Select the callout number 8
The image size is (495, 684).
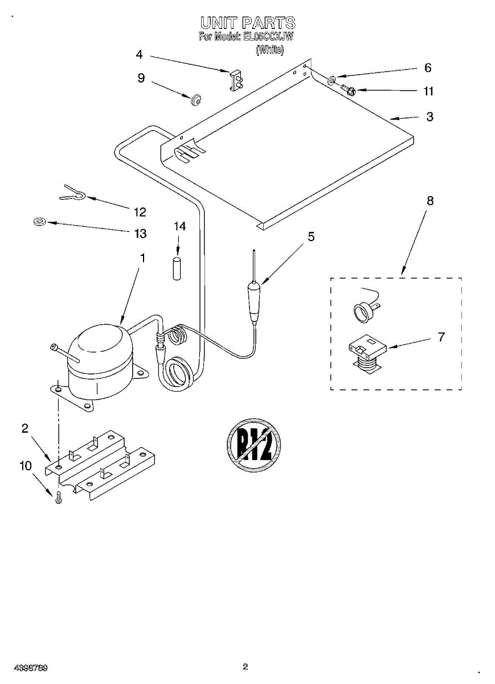click(430, 201)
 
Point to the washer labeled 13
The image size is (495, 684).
click(40, 221)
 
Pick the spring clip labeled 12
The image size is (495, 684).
click(73, 194)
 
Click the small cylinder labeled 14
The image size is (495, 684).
click(177, 267)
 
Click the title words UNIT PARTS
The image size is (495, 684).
click(247, 23)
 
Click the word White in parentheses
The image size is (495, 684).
click(269, 50)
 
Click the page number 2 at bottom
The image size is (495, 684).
click(246, 666)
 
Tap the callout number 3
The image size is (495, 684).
click(429, 117)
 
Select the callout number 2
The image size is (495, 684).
click(25, 429)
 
